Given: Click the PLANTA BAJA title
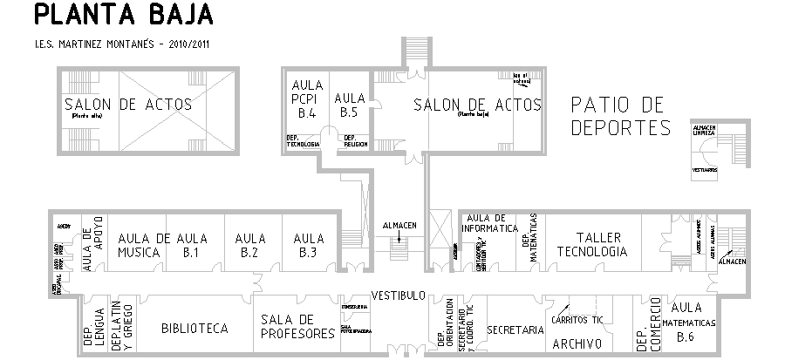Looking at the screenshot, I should [122, 16].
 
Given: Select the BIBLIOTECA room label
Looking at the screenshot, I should [195, 329].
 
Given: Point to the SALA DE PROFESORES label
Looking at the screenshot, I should [298, 326].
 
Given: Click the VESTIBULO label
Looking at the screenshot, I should [398, 294].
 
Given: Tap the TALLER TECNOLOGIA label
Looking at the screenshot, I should [591, 244].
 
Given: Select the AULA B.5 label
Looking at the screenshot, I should [350, 105].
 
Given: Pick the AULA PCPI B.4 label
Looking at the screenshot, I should [306, 98].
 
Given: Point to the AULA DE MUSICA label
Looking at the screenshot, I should [143, 245].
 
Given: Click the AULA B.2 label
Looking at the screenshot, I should [249, 245].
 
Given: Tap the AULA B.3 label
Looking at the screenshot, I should [308, 245].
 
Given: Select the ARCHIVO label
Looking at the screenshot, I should [577, 344].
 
